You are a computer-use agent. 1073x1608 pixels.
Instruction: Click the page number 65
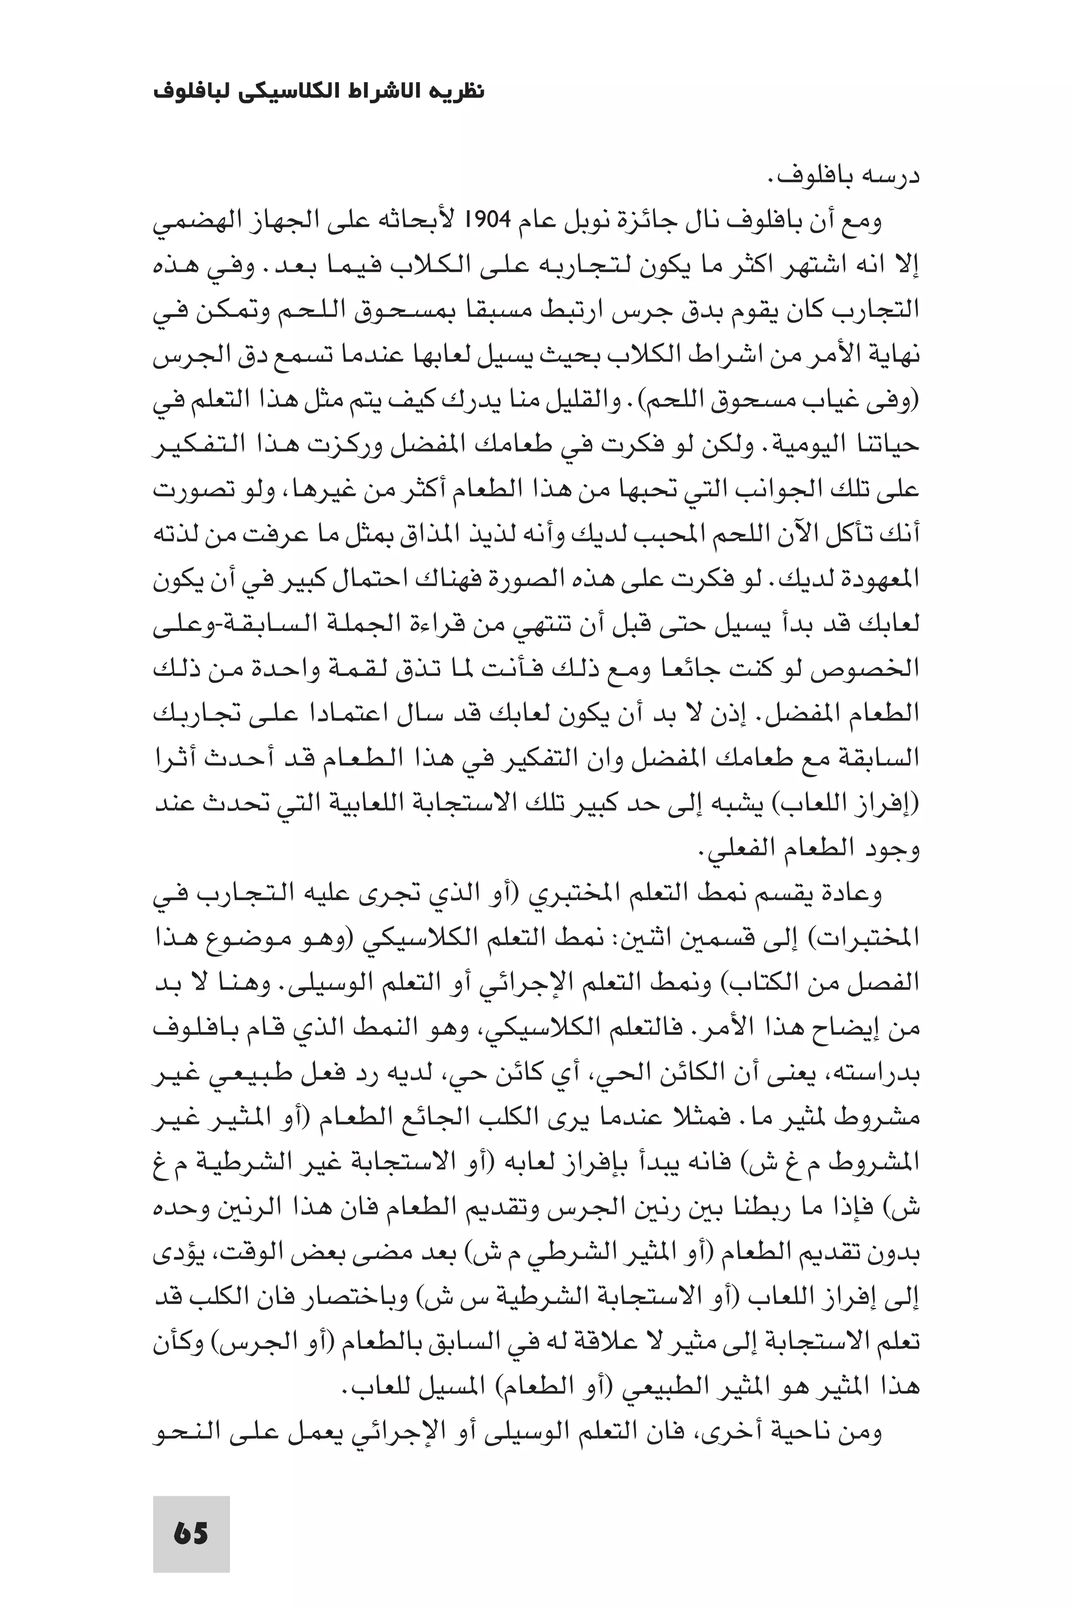(x=191, y=1514)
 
